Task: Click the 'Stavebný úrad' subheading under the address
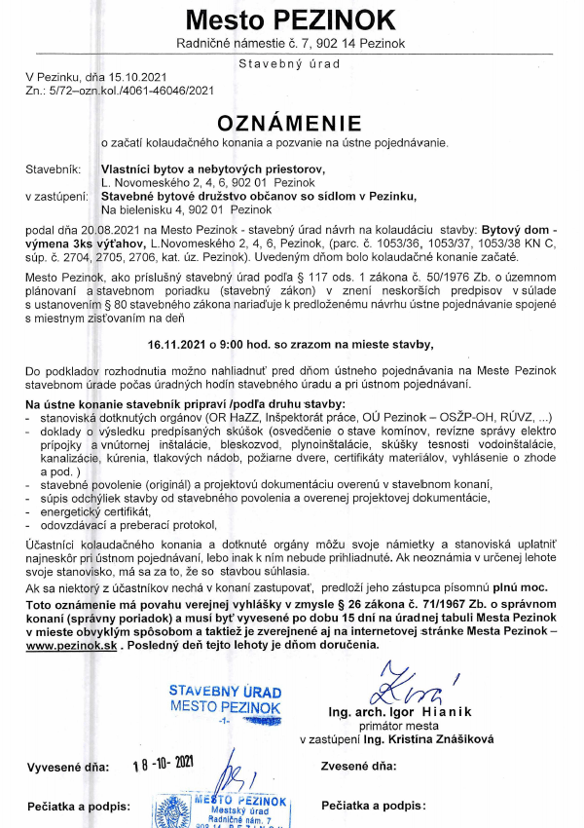291,63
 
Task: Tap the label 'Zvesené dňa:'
359,766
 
